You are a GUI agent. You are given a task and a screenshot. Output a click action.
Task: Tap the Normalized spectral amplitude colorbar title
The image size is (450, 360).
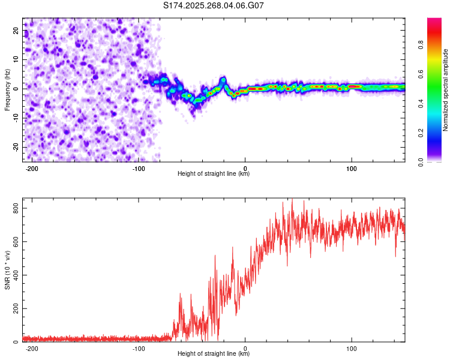(446, 90)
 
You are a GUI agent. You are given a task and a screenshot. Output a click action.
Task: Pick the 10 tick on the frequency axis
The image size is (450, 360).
(17, 59)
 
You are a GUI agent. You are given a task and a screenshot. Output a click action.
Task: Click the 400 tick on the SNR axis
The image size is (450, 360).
(13, 275)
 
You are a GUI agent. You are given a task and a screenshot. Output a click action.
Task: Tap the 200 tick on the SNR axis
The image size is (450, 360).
(13, 308)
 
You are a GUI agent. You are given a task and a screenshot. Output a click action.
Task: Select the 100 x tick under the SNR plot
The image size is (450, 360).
(352, 348)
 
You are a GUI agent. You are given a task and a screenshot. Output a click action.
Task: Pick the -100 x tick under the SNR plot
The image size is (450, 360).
(139, 348)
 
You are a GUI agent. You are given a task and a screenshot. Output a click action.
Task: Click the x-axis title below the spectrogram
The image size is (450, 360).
(214, 174)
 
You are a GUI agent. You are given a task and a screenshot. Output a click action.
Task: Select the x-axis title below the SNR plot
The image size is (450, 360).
(214, 355)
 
